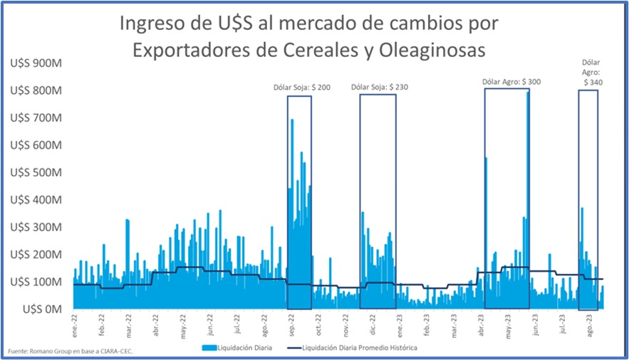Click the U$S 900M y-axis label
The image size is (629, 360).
coord(35,63)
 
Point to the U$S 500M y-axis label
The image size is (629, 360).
coord(35,173)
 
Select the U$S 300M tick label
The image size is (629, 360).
coord(35,227)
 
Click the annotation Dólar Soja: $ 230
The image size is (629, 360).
coord(380,87)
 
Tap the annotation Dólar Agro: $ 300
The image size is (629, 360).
coord(511,82)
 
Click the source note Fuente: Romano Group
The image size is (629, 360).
coord(70,351)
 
